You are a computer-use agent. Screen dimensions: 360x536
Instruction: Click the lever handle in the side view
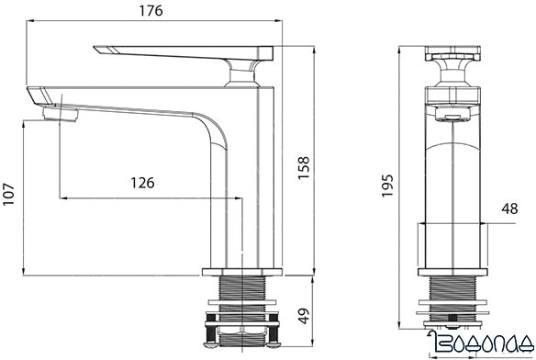coord(184,50)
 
